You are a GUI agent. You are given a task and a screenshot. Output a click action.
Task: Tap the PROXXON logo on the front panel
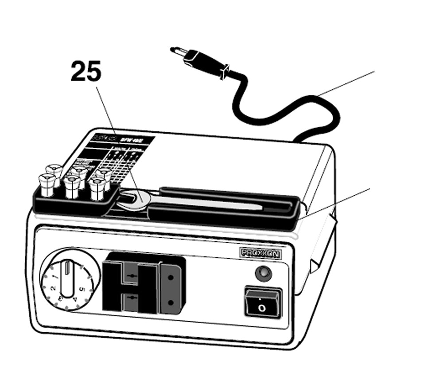[x=262, y=252]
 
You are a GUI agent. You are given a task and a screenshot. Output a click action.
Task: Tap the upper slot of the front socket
[x=131, y=276]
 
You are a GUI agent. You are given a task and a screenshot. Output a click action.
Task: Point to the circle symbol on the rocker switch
[x=262, y=307]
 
